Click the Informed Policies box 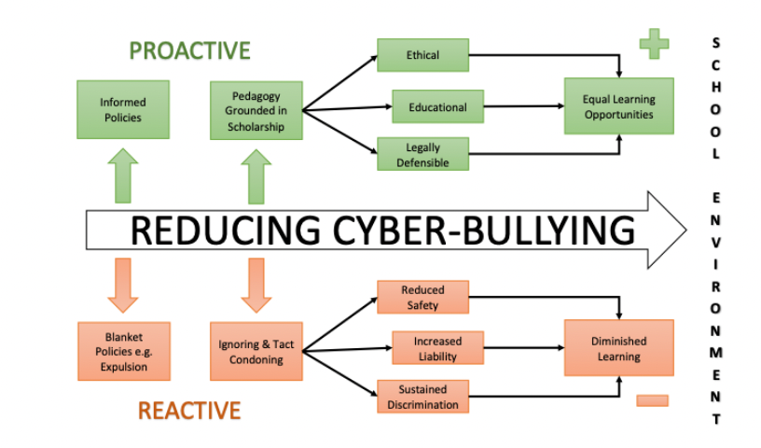123,110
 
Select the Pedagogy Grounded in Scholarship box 256,110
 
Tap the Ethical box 422,55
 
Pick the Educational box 437,107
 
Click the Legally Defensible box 422,155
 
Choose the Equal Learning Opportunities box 618,107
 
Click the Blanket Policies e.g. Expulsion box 123,351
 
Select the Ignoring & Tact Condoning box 256,352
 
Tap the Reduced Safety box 422,298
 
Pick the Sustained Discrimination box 422,397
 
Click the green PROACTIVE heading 189,50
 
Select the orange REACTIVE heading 189,410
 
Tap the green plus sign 655,43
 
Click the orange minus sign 652,400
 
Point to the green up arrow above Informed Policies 122,176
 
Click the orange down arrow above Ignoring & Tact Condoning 256,284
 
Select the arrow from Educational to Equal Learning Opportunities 523,106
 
